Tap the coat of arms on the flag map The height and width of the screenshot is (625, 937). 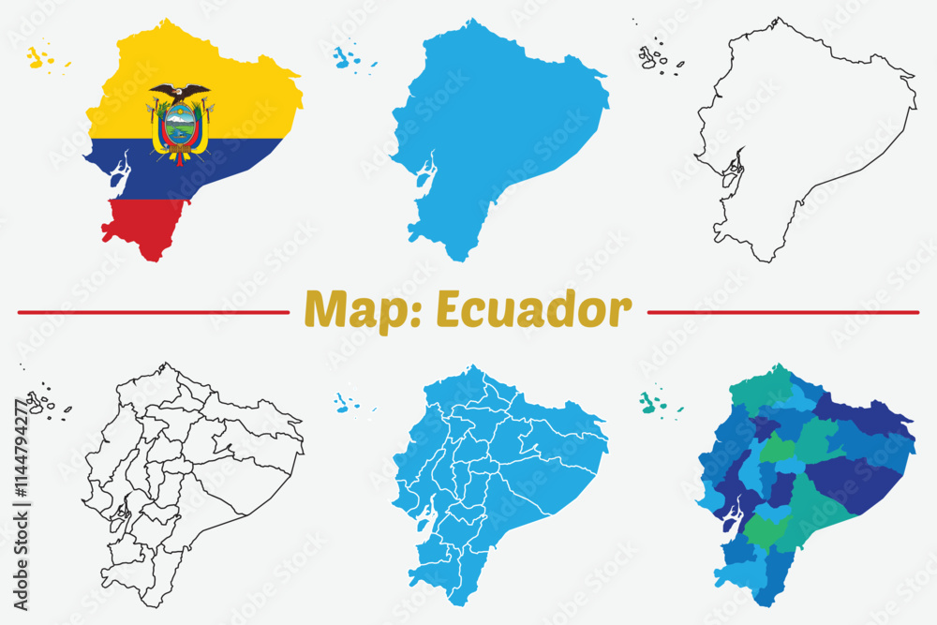point(180,122)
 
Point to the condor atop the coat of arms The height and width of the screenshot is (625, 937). point(180,92)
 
